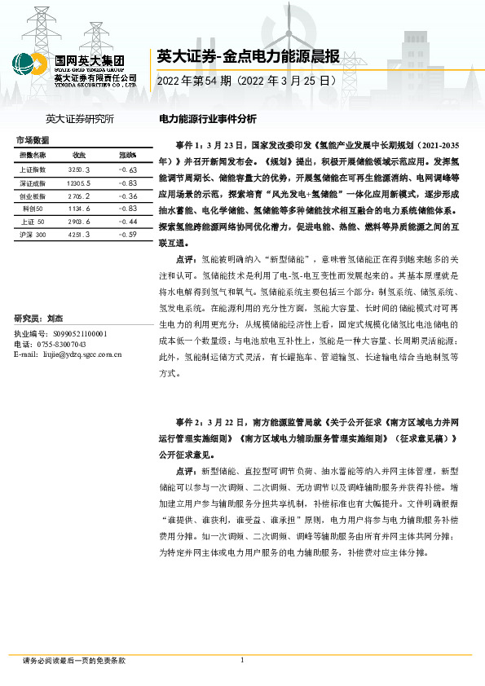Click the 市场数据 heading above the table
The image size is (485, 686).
coord(32,139)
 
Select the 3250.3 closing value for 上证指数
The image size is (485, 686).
coord(79,169)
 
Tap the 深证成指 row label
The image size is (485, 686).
coord(33,183)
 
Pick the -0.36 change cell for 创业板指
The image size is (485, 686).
coord(127,196)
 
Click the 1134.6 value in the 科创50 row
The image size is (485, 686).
coord(80,209)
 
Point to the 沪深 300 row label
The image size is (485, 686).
coord(33,235)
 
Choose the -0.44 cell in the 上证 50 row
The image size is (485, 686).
coord(127,222)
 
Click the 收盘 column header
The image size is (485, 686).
coord(79,154)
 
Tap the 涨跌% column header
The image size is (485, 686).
coord(127,154)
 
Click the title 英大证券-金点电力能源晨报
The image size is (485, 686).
coord(247,56)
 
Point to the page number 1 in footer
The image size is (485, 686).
coord(242,661)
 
